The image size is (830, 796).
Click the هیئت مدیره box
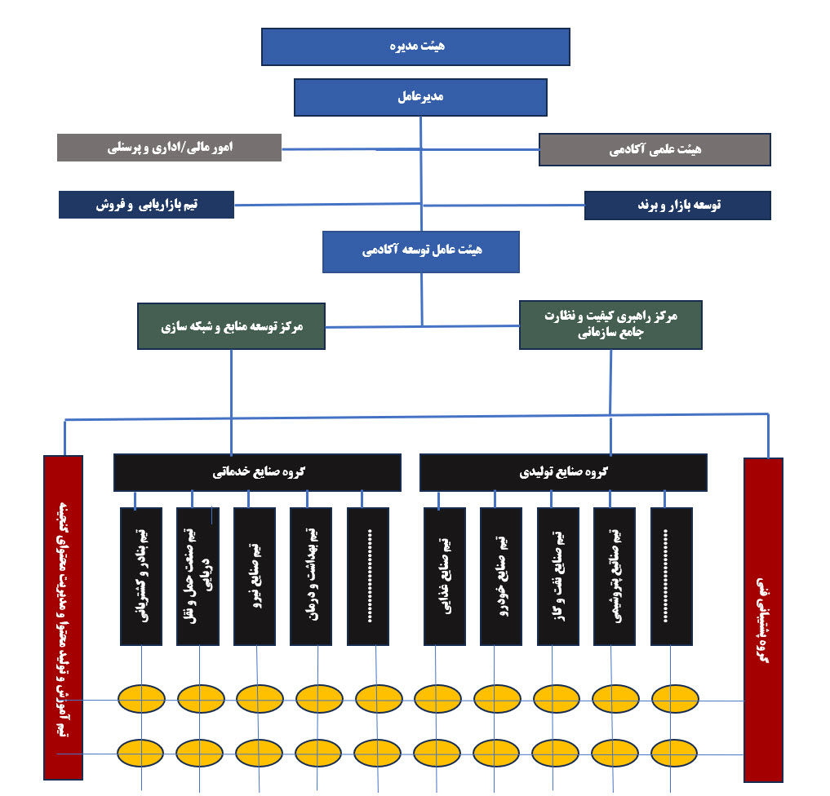click(415, 46)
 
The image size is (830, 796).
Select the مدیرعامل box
click(420, 97)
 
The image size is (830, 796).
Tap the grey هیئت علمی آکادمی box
click(655, 149)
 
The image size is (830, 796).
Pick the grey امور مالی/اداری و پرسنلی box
click(170, 148)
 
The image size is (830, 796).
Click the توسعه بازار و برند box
click(677, 206)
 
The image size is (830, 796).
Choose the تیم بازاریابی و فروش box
click(146, 205)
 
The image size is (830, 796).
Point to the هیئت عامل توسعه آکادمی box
click(421, 251)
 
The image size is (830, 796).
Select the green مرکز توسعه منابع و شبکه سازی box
click(231, 326)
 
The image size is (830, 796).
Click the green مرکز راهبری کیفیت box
click(610, 325)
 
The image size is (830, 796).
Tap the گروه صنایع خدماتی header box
click(257, 472)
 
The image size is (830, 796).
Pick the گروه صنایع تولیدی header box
click(563, 472)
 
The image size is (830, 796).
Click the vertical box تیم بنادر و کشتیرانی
click(141, 576)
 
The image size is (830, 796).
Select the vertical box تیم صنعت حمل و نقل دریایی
click(198, 576)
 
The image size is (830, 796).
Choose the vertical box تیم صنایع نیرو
click(255, 576)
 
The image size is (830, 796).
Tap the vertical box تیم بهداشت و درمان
click(311, 576)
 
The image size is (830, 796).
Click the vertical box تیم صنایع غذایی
click(445, 576)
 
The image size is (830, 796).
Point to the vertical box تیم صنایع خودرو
click(501, 576)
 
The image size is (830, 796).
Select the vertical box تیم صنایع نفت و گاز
click(558, 576)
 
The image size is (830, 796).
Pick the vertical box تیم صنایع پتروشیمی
click(615, 576)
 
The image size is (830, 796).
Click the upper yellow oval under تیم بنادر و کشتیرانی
click(141, 698)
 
